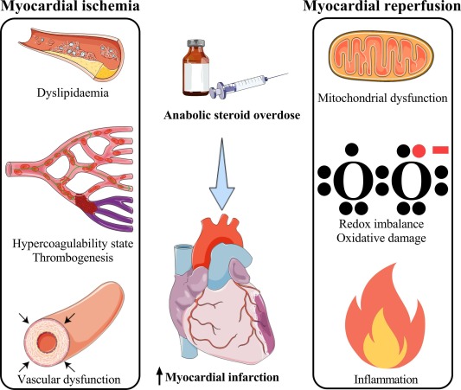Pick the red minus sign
pyautogui.click(x=440, y=150)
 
